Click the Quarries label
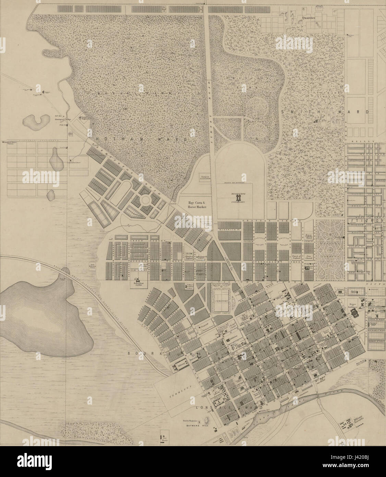307,16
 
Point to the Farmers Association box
205,176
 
